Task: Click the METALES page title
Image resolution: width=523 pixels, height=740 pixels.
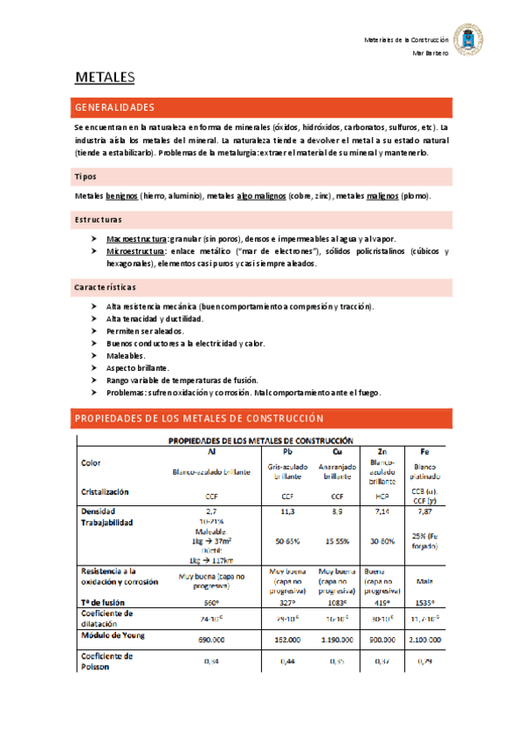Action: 104,79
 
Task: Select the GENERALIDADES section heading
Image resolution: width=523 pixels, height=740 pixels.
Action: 115,107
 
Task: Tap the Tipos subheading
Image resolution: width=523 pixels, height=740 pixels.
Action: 85,175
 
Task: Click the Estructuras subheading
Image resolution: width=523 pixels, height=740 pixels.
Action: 98,219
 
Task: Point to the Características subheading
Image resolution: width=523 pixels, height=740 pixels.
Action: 105,287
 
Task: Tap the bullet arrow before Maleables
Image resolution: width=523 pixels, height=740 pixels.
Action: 94,356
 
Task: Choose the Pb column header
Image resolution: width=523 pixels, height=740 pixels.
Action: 287,451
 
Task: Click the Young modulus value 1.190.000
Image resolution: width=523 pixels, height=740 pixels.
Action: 335,640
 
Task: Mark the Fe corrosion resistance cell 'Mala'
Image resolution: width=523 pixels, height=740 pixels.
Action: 424,577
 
